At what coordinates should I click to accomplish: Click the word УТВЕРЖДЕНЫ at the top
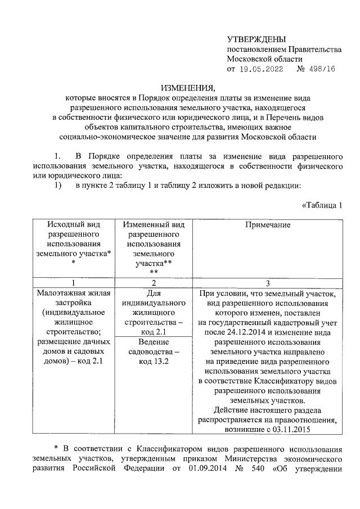tap(256, 39)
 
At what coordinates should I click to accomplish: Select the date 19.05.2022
tap(259, 70)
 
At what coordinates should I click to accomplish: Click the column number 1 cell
tap(74, 282)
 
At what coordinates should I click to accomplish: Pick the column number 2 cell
tap(154, 282)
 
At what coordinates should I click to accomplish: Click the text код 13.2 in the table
tap(154, 362)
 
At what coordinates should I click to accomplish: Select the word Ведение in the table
tap(154, 342)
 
